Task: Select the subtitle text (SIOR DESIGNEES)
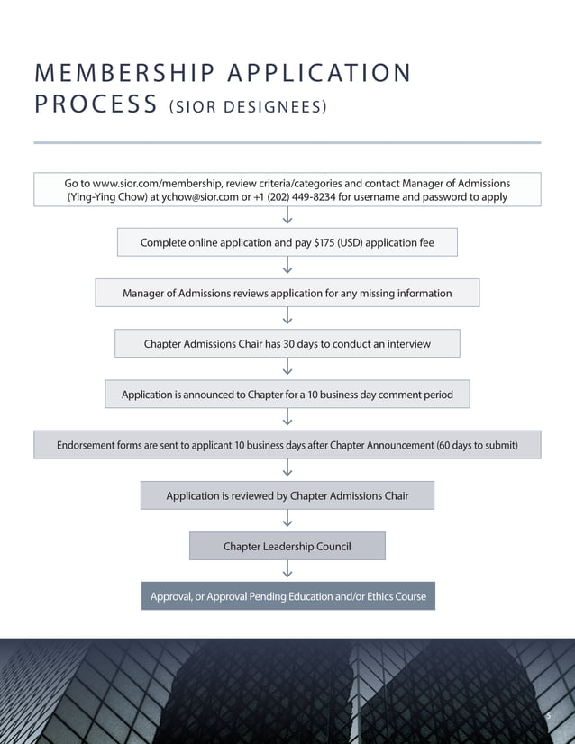[246, 108]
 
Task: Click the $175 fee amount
[318, 242]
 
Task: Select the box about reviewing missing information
[287, 293]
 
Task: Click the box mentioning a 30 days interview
[287, 343]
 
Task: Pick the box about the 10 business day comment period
[287, 394]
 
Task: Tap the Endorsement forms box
[287, 444]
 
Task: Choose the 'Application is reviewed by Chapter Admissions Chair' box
[287, 495]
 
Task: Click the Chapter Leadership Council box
[287, 546]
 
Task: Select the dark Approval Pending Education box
[287, 596]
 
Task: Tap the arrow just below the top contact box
[287, 217]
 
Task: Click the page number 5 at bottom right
[547, 714]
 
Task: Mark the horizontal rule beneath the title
[287, 142]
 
